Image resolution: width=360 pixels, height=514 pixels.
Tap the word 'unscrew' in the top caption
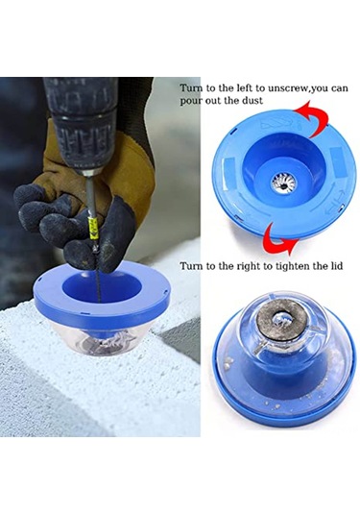[x=289, y=88]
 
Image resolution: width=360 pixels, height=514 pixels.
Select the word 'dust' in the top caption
[x=252, y=101]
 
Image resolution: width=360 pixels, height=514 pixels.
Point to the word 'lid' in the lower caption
[x=337, y=265]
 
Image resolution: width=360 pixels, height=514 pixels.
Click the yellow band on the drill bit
[x=94, y=227]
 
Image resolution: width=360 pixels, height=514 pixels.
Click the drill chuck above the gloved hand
[x=81, y=131]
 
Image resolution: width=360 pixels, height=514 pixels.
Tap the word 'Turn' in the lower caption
[x=191, y=265]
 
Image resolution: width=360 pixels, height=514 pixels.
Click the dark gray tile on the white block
[x=180, y=341]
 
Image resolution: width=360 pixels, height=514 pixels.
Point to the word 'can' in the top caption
[x=339, y=89]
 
